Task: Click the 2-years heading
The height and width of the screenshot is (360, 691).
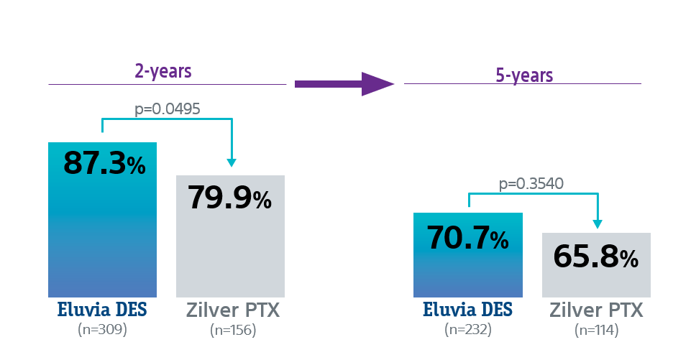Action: [x=163, y=71]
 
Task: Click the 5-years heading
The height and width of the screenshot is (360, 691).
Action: [x=524, y=75]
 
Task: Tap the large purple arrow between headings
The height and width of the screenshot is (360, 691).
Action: [x=344, y=84]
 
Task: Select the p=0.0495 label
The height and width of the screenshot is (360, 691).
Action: [x=167, y=109]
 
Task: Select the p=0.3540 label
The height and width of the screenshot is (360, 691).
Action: [x=531, y=183]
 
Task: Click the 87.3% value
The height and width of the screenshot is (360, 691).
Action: [x=104, y=164]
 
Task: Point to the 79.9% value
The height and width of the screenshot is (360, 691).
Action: [x=230, y=198]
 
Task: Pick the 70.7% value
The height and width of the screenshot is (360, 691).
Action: [x=468, y=238]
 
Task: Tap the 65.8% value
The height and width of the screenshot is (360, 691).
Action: [x=595, y=257]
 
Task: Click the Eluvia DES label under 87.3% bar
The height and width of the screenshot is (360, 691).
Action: [x=102, y=311]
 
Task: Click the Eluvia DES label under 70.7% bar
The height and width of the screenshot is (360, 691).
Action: [x=467, y=311]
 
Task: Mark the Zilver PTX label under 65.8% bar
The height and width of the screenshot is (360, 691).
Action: [x=597, y=311]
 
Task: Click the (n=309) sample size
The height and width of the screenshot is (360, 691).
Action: [x=102, y=330]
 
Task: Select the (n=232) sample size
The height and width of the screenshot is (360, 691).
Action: [x=467, y=330]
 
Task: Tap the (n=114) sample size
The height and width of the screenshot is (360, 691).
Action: [x=597, y=330]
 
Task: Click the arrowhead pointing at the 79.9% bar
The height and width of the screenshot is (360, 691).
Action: [x=232, y=162]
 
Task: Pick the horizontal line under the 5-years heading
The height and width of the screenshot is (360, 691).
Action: [x=522, y=84]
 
